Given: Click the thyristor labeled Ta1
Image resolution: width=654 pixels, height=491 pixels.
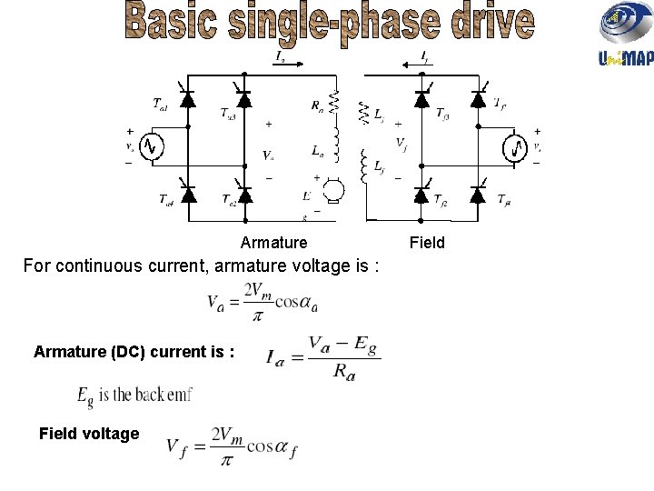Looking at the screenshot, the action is tap(188, 99).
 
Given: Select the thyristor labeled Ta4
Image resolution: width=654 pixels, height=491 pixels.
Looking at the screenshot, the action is tap(188, 195).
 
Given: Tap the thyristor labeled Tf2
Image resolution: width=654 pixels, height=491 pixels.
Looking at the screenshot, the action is tap(421, 195).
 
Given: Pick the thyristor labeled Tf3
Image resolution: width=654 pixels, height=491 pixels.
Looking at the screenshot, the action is tap(421, 99).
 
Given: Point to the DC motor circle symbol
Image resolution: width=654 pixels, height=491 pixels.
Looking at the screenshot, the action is tap(332, 190).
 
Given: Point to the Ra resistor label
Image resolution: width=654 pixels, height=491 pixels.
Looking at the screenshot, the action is tap(316, 105).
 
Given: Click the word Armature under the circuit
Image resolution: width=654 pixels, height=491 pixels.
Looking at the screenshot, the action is tap(273, 243).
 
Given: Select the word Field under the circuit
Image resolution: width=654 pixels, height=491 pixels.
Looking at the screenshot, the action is tap(427, 243).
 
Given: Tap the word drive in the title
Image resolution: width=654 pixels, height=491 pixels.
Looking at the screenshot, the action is tap(482, 25).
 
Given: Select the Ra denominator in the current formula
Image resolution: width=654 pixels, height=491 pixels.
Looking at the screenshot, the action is tap(343, 374).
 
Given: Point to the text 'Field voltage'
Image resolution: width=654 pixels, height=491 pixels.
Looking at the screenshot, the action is tap(89, 434).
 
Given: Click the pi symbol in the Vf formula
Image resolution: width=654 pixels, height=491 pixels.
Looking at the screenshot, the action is tap(226, 461).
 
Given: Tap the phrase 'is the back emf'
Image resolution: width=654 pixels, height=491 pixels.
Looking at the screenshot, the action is tap(144, 396).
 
